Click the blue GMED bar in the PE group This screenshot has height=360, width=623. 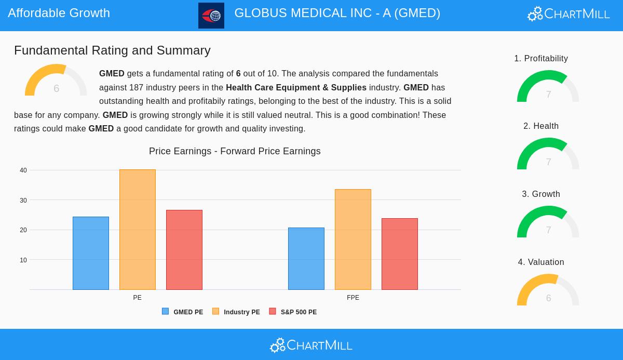91,253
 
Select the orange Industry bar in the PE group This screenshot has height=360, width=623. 138,230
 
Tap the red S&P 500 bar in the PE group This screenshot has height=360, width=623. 184,250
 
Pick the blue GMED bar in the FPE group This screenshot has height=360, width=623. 306,259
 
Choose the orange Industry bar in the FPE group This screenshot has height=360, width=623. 353,239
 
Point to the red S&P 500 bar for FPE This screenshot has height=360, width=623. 400,254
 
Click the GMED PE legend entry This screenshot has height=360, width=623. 183,312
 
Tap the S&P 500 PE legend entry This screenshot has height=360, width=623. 293,312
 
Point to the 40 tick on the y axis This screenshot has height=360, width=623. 23,170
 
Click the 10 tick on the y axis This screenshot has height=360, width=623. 23,260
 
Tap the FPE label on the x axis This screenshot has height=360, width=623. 353,298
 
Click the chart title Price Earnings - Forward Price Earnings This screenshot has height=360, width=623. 235,151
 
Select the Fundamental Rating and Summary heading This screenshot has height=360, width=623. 112,50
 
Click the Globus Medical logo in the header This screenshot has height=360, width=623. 211,16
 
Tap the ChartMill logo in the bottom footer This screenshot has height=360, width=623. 311,345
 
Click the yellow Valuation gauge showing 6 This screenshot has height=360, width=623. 548,291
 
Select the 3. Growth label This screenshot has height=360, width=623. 541,194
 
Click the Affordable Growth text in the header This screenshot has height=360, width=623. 59,13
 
